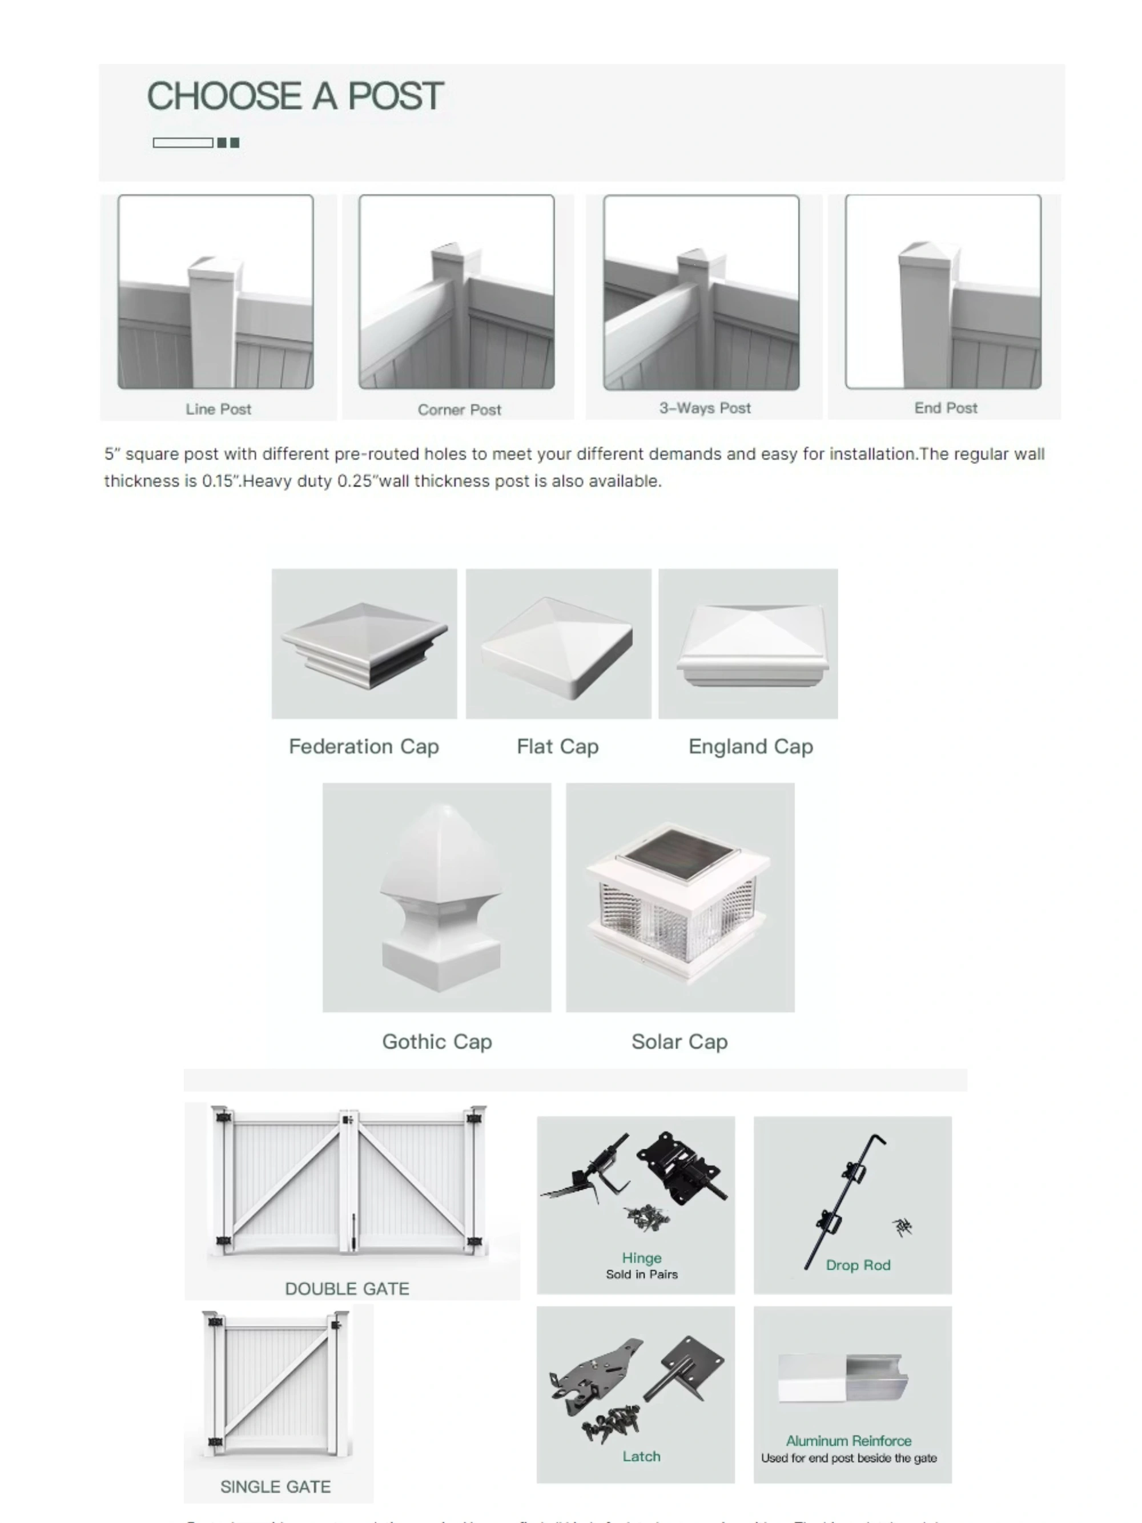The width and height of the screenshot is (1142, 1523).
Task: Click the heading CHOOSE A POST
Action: tap(295, 96)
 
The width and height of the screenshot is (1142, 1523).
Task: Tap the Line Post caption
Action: tap(218, 409)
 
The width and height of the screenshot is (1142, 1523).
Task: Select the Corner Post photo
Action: tap(456, 292)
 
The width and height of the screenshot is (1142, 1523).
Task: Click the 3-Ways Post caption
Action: tap(704, 408)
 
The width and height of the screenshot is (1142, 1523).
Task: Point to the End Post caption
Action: tap(945, 408)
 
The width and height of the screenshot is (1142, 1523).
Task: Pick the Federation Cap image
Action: tap(364, 643)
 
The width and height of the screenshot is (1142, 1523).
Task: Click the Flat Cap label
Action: tap(557, 746)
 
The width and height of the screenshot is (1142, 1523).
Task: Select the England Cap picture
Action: tap(747, 643)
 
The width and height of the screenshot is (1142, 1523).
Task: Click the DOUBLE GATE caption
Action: tap(347, 1289)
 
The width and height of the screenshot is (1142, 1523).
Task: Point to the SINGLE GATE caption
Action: tap(275, 1486)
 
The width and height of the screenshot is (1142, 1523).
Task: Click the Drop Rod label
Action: tap(858, 1265)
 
